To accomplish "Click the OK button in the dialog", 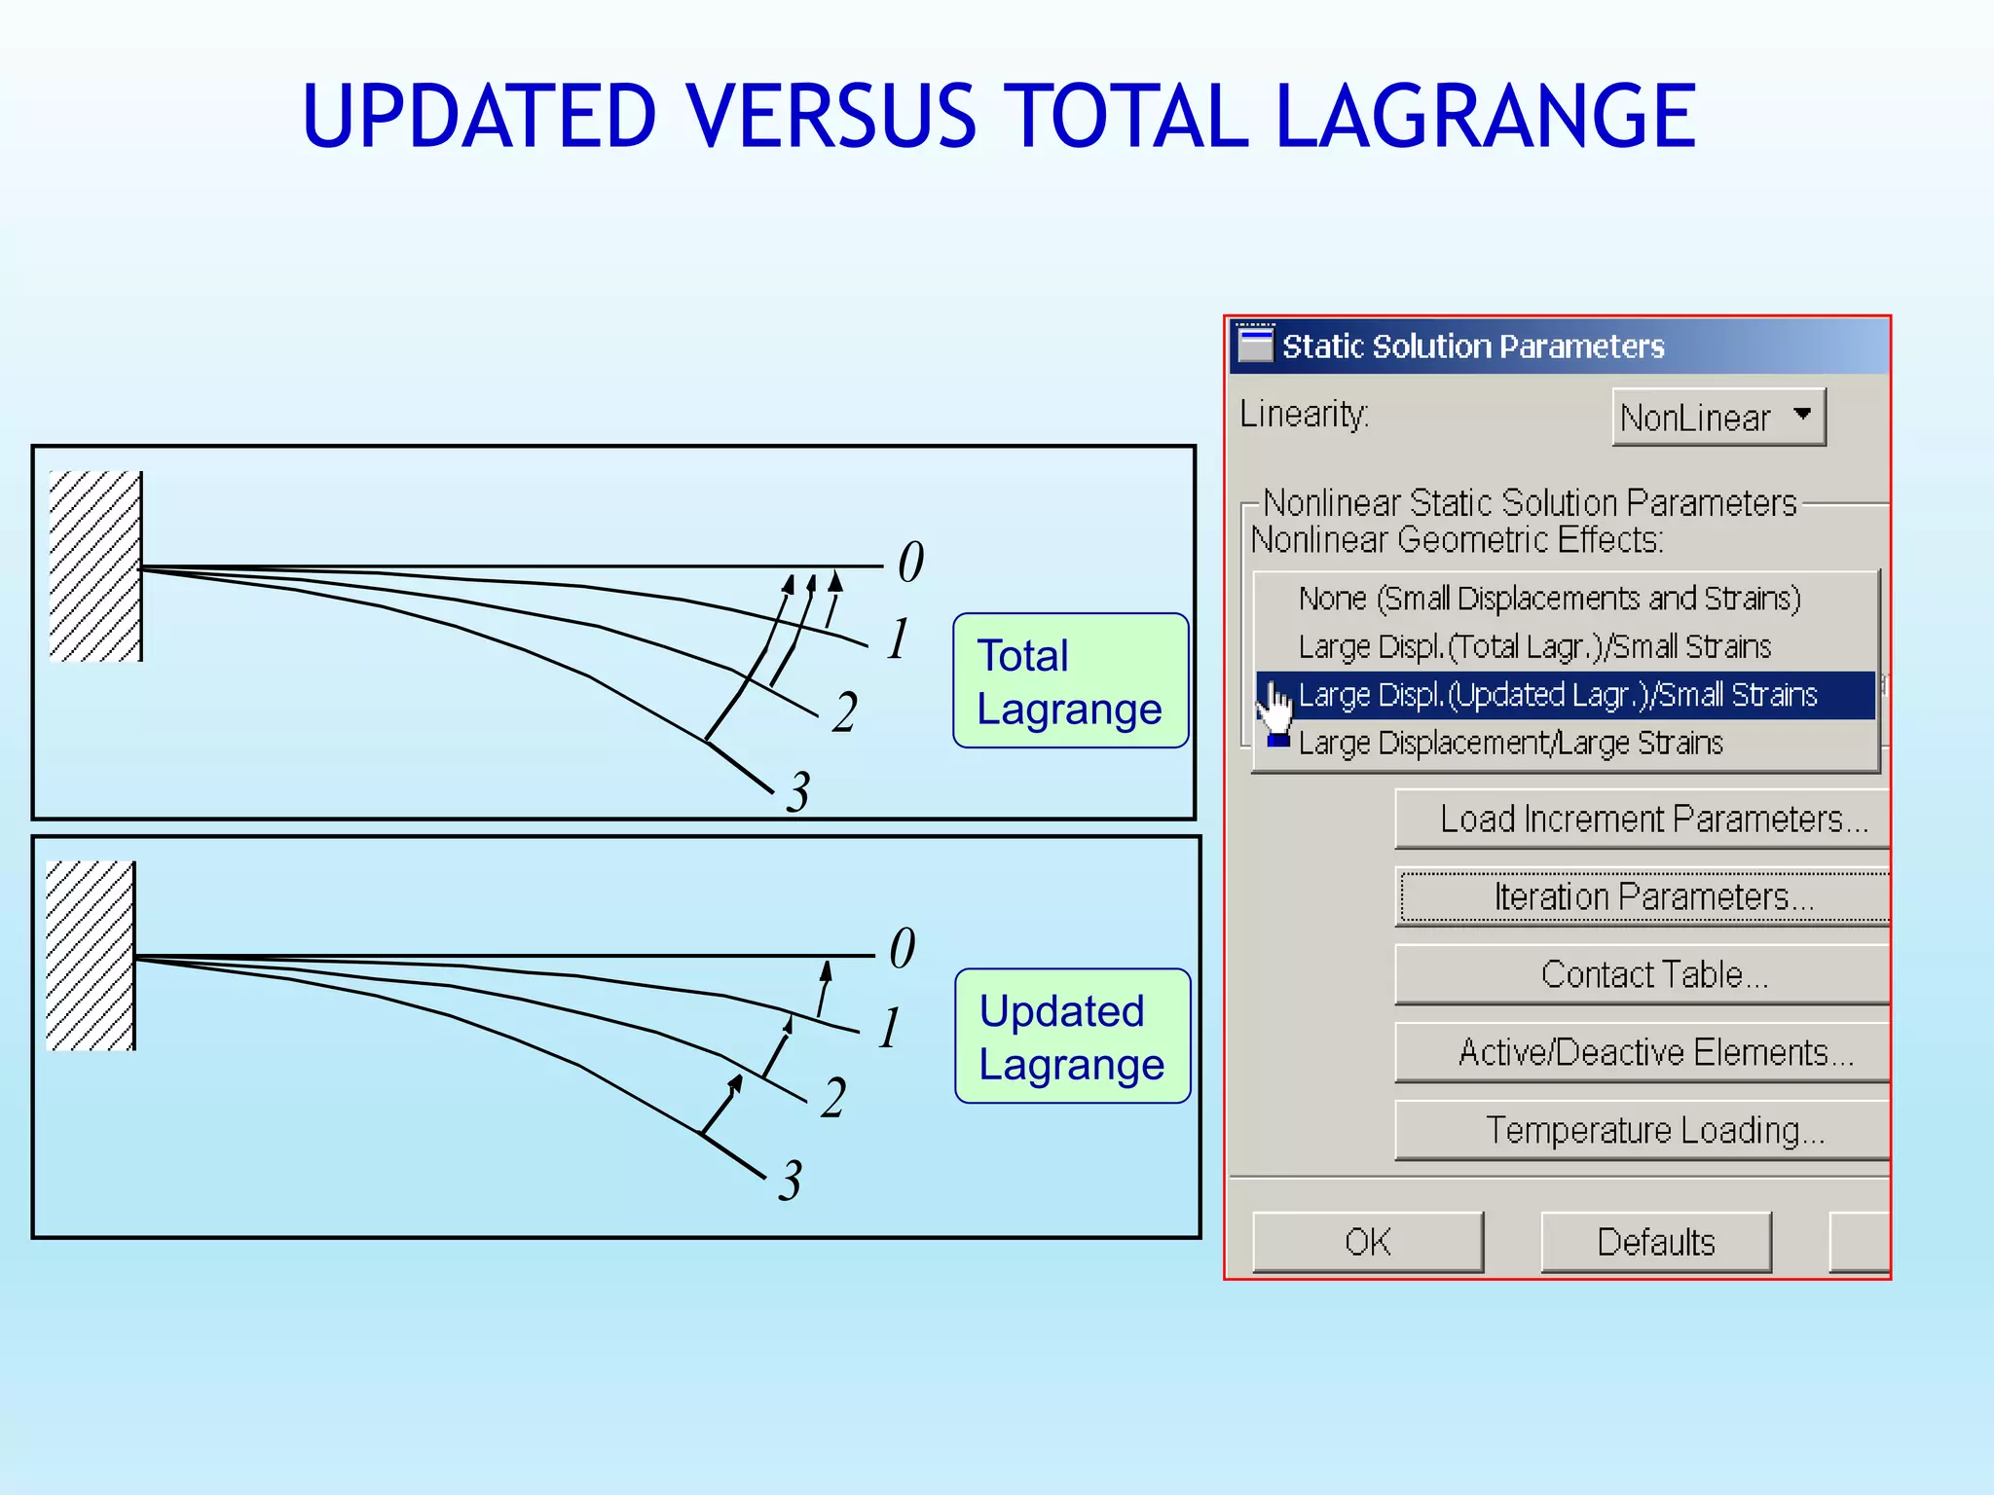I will coord(1367,1242).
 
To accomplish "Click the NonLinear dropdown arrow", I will coord(1802,415).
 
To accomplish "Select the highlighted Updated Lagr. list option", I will coord(1558,695).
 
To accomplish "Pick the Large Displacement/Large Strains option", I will coord(1510,744).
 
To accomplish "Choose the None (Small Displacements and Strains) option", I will coord(1549,598).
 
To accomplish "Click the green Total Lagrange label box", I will coord(1070,681).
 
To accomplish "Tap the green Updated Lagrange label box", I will coord(1072,1037).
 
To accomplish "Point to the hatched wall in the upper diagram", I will coord(95,566).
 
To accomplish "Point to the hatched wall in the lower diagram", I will coord(91,956).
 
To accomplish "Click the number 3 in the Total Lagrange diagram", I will coord(798,792).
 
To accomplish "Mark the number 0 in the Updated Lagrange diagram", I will coord(903,948).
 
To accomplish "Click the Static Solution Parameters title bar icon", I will coord(1254,345).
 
